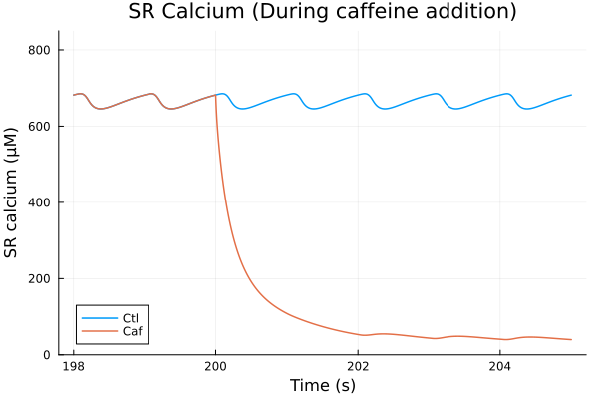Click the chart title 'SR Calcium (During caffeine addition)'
(322, 13)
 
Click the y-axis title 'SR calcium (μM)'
(13, 193)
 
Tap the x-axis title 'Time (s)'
(322, 385)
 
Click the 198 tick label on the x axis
(73, 367)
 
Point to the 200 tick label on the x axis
(215, 367)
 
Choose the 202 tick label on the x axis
(358, 367)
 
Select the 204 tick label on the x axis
(500, 367)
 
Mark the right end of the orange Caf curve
(571, 340)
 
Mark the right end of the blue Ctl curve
(571, 95)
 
